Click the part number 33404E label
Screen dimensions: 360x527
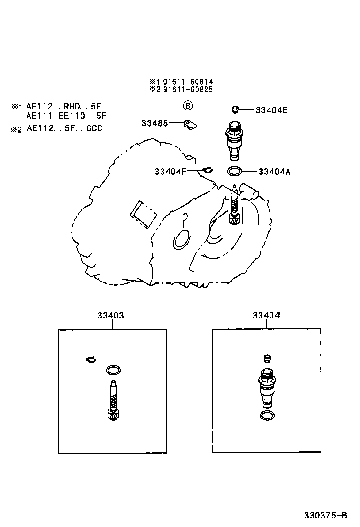(271, 110)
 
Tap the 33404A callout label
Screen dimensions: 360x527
(274, 172)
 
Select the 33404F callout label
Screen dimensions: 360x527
(171, 172)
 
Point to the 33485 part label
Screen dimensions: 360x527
(154, 123)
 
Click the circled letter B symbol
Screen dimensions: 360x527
(188, 106)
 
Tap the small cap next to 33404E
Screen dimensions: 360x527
(235, 109)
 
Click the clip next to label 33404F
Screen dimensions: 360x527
(208, 170)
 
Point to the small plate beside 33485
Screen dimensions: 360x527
(190, 125)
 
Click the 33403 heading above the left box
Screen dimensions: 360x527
(111, 315)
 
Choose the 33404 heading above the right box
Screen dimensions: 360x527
(266, 315)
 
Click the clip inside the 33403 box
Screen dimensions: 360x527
(90, 360)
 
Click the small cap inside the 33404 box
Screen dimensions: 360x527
(267, 358)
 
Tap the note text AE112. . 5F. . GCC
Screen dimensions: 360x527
(64, 128)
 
